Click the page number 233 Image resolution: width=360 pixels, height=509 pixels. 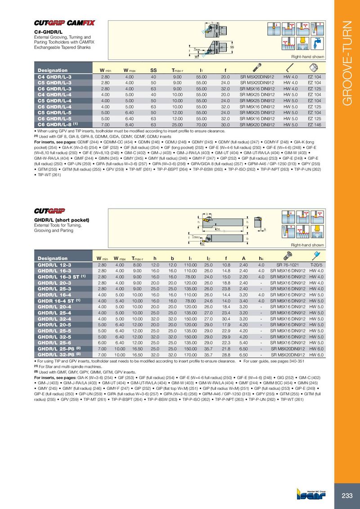click(x=347, y=496)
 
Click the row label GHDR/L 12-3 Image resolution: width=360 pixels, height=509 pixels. click(x=54, y=265)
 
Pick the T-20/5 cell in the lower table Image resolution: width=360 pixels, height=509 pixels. click(x=317, y=265)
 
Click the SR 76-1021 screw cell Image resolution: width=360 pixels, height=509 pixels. click(x=284, y=265)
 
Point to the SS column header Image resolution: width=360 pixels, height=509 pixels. click(x=153, y=70)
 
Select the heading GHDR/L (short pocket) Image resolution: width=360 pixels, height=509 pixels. click(x=62, y=220)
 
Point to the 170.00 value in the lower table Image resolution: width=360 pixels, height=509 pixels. click(x=192, y=355)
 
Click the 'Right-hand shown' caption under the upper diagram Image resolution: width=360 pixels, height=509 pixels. click(x=307, y=57)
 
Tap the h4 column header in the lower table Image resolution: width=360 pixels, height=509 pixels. click(x=261, y=259)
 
